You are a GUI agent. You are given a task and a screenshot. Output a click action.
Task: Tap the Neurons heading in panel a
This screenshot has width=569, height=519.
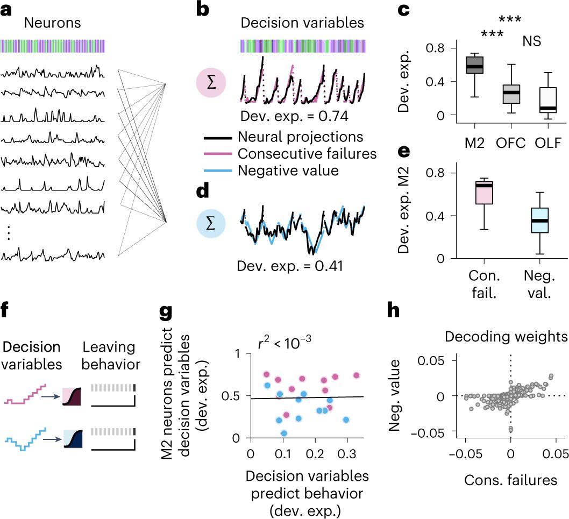click(x=53, y=24)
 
